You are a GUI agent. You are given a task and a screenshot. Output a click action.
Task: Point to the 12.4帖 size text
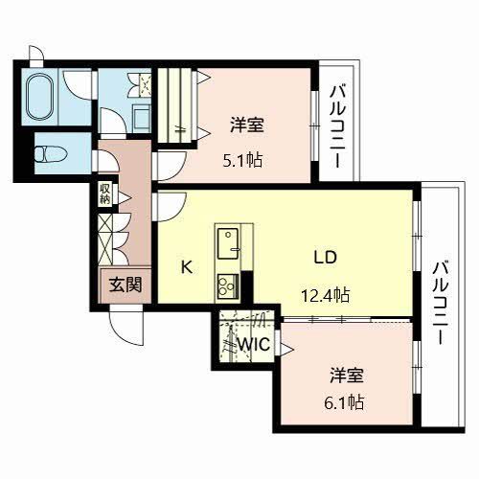pyautogui.click(x=328, y=295)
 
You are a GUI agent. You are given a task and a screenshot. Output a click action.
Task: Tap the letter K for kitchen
pyautogui.click(x=188, y=267)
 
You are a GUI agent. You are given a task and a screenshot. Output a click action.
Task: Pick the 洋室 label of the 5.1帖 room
pyautogui.click(x=246, y=125)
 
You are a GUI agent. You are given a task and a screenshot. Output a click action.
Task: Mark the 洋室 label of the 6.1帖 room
pyautogui.click(x=342, y=373)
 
